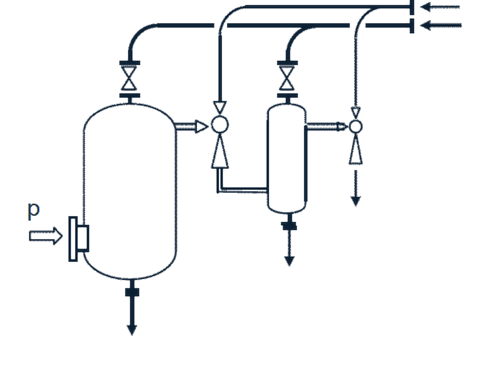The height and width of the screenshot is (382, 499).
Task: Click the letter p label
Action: click(34, 211)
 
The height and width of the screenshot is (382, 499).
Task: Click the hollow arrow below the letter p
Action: click(46, 236)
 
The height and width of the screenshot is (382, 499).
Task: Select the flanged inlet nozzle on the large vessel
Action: click(79, 239)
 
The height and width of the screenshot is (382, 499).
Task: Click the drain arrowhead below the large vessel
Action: click(132, 330)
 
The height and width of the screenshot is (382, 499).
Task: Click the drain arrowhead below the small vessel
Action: click(289, 261)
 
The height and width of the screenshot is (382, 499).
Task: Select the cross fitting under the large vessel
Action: click(132, 292)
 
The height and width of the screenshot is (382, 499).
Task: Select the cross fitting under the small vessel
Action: click(289, 226)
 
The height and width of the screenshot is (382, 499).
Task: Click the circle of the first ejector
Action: click(220, 124)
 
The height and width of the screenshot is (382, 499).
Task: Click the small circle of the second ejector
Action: click(355, 126)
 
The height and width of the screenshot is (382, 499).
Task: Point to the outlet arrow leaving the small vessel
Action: click(326, 127)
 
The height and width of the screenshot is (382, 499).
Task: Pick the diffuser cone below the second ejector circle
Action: click(355, 149)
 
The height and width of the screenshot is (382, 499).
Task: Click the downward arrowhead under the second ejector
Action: click(355, 201)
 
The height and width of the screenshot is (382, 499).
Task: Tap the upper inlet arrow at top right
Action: click(440, 7)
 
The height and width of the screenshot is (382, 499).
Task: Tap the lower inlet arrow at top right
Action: click(441, 25)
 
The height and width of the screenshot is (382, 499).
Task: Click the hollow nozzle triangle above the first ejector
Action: click(220, 107)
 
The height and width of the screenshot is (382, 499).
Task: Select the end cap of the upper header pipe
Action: click(412, 7)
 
